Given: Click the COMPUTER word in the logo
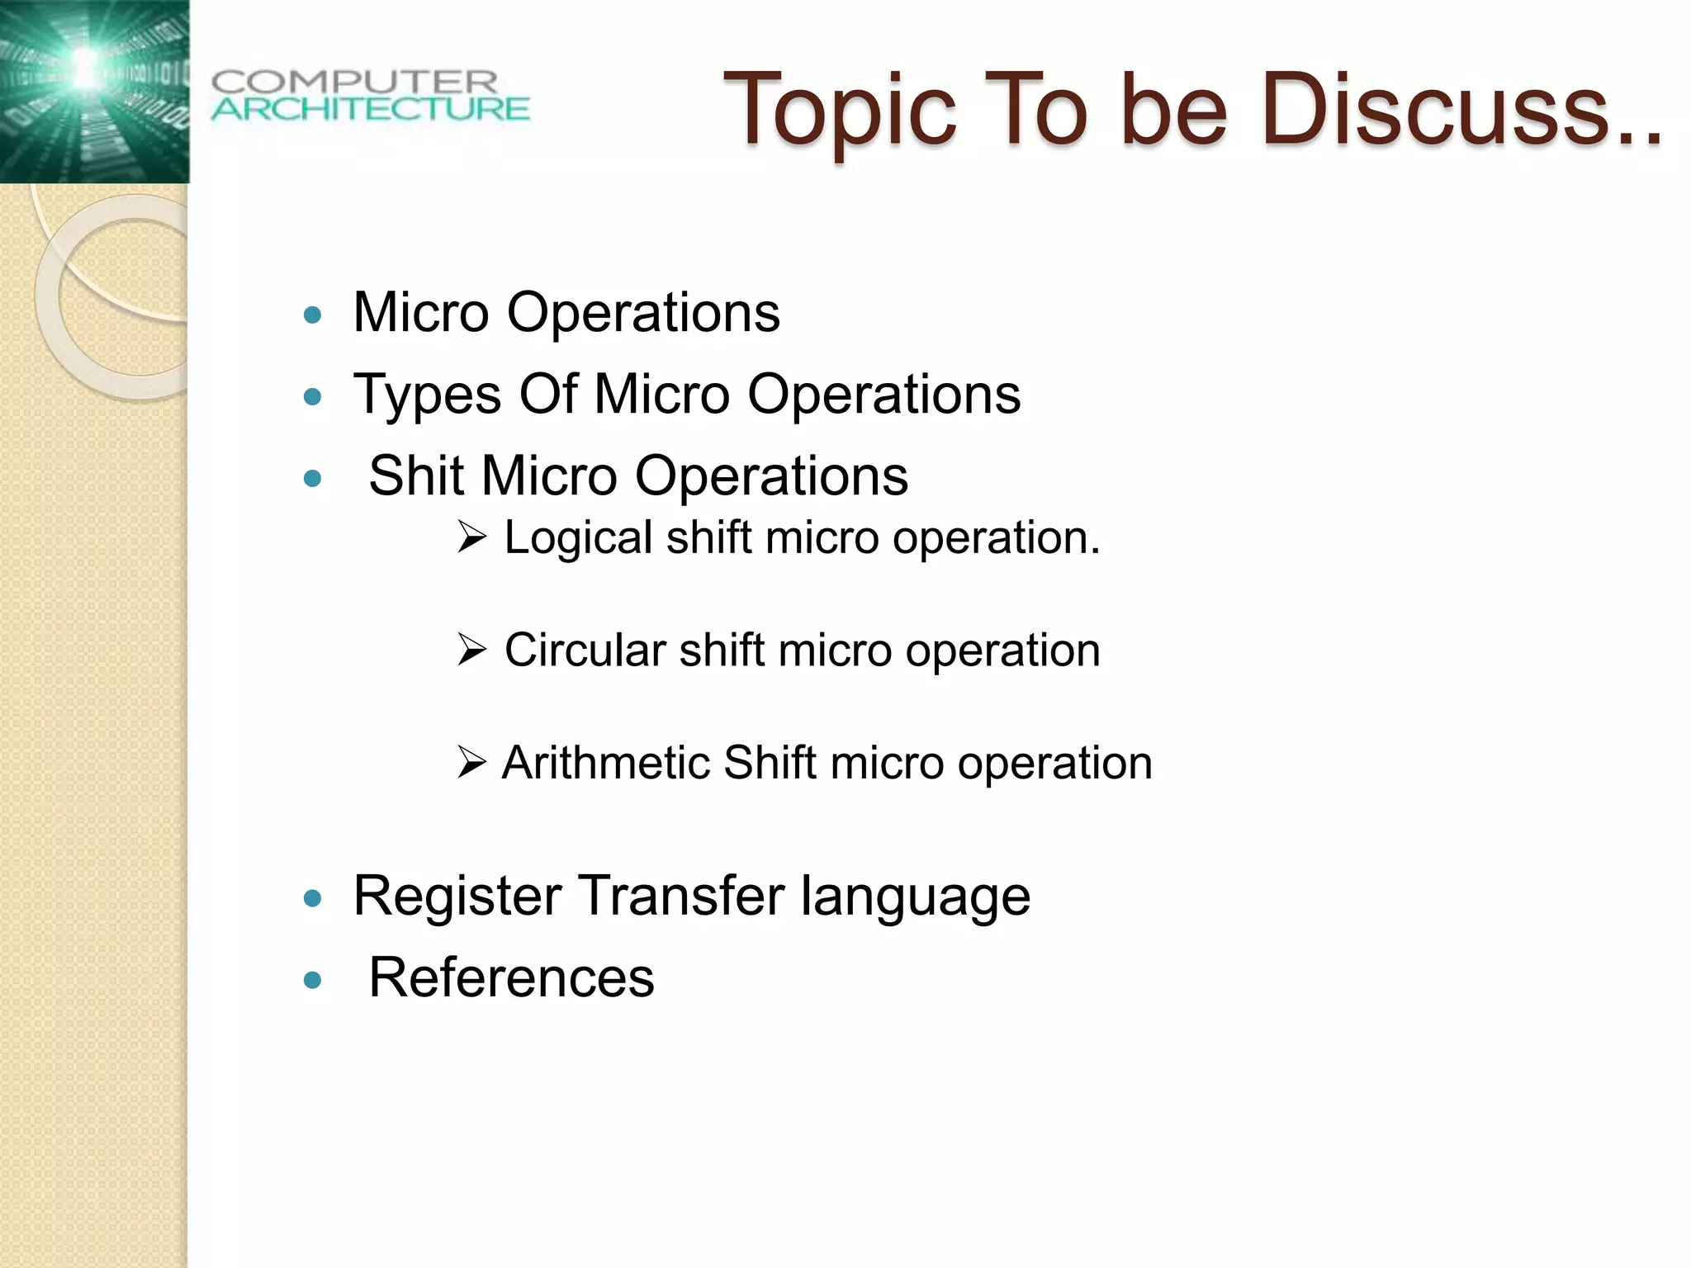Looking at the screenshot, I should point(355,83).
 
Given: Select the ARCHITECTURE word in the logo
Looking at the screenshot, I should point(370,109).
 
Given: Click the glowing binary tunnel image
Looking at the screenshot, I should point(94,91).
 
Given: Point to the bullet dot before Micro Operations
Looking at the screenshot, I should point(312,315).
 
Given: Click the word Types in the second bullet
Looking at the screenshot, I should point(427,395).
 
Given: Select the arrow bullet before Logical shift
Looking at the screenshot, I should point(472,538).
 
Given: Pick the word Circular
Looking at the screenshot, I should point(585,651).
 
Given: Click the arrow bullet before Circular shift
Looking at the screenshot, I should point(472,651).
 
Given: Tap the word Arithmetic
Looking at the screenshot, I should point(605,763).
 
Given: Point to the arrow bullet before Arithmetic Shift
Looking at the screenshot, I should point(472,763).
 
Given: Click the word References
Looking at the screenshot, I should point(511,978).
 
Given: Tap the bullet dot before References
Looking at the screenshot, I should point(312,981).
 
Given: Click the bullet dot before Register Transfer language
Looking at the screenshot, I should point(312,898).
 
